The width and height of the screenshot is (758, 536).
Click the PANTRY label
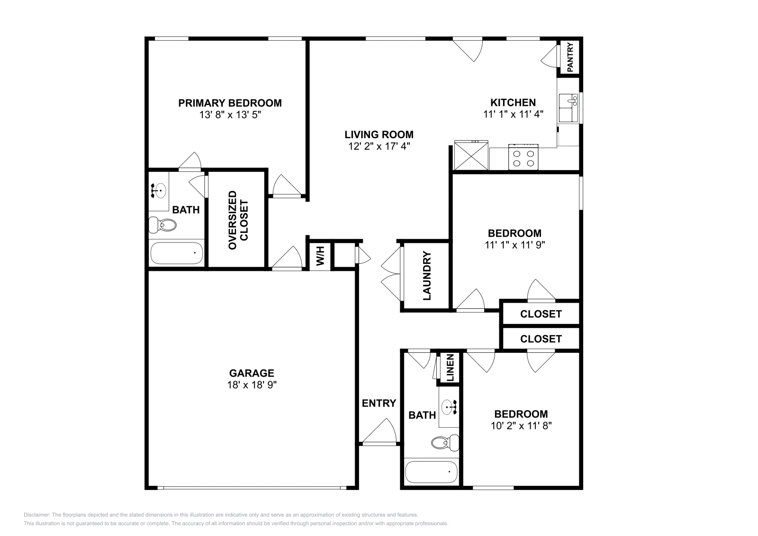(x=570, y=58)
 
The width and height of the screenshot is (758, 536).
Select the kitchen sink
(x=568, y=107)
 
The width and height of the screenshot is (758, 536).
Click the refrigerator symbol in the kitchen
(x=470, y=155)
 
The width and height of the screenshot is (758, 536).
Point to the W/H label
(x=320, y=256)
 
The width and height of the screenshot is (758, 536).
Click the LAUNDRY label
(x=427, y=277)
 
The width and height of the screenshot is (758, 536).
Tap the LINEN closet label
(x=450, y=368)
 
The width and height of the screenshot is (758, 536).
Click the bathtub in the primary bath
(x=176, y=253)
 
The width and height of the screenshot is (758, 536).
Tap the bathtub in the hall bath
(x=431, y=472)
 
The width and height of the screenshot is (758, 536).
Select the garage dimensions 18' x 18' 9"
(x=251, y=385)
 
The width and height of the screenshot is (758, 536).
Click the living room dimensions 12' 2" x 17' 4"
(x=379, y=146)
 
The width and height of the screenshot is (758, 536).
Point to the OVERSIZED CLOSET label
(x=238, y=220)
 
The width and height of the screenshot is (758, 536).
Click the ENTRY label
(x=379, y=403)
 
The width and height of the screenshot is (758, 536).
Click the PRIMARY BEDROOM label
(x=230, y=103)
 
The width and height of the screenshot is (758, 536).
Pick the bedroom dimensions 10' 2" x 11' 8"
(x=521, y=426)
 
